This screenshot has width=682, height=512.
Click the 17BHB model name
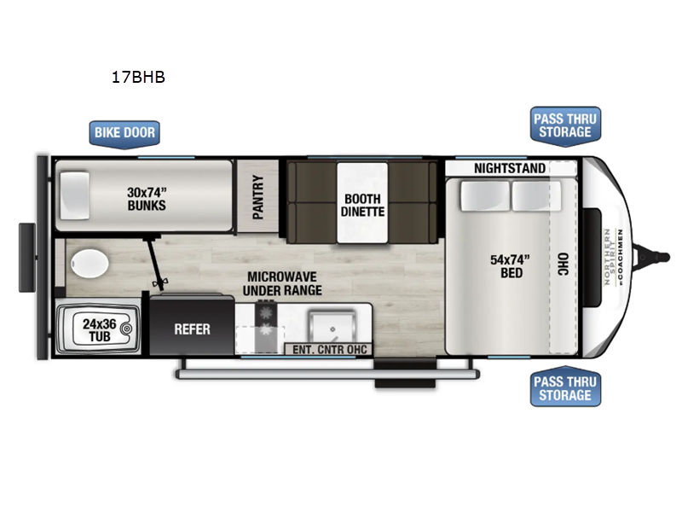(138, 77)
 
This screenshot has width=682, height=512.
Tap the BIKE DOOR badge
(124, 134)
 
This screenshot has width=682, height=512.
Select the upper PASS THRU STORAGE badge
(565, 125)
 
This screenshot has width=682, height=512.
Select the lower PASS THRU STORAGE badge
(565, 387)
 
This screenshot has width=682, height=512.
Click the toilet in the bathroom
(90, 264)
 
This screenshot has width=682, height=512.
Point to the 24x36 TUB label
(100, 330)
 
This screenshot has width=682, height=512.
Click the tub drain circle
(126, 329)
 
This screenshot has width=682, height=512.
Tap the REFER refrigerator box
(192, 325)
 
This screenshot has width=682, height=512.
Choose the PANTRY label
(258, 197)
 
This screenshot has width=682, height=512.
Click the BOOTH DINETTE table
(362, 203)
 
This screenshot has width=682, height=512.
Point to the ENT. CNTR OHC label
(330, 350)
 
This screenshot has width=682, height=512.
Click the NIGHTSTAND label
(509, 168)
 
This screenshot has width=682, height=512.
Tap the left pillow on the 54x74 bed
(485, 196)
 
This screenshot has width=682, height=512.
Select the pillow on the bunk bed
(75, 195)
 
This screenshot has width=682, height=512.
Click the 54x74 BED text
(510, 266)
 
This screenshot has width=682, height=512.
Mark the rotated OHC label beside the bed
(564, 265)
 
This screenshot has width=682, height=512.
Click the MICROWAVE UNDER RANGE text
(282, 283)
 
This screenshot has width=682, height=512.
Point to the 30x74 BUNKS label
(147, 199)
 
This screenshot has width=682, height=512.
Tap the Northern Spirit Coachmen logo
(614, 257)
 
